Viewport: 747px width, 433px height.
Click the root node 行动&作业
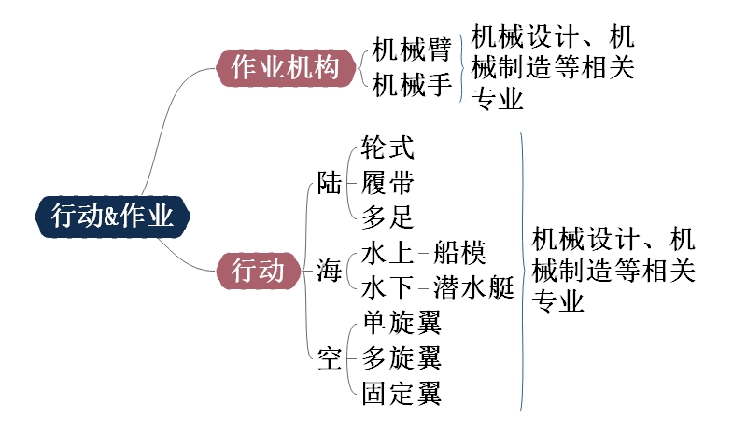(112, 217)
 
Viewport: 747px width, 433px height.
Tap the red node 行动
(257, 271)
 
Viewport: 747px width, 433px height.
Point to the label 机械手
(412, 86)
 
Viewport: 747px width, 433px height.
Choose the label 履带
(388, 183)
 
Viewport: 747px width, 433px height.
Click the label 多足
(388, 217)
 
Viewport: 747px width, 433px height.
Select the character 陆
(330, 183)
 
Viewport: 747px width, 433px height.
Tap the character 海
(329, 272)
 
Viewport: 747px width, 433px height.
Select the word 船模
(459, 253)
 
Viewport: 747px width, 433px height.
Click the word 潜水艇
(473, 287)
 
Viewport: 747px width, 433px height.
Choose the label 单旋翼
(401, 323)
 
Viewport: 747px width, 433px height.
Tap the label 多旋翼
(401, 358)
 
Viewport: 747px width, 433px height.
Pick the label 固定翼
(401, 394)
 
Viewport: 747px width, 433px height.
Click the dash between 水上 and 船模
(423, 253)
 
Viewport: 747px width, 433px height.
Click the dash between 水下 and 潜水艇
(423, 287)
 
